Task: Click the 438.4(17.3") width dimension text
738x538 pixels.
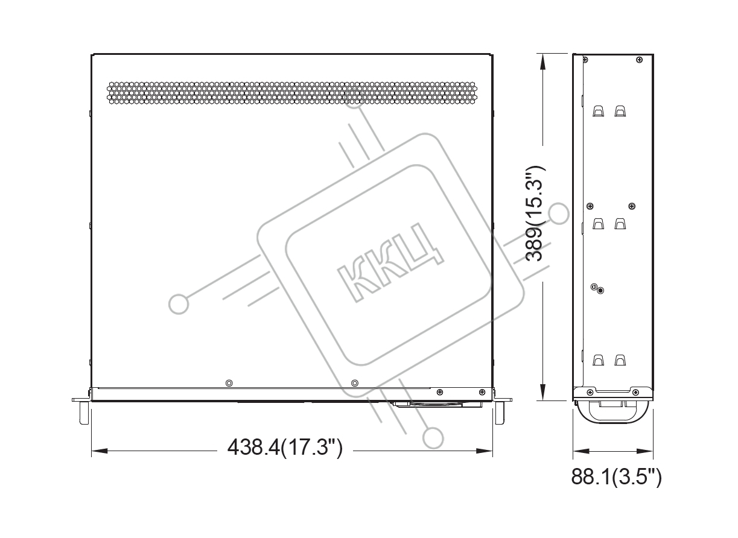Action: point(285,448)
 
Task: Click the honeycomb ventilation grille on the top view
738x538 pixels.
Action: point(292,93)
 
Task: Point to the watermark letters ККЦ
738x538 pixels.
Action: point(390,262)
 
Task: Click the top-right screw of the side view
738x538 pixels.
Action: point(639,60)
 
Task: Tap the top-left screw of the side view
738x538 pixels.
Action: point(585,60)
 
